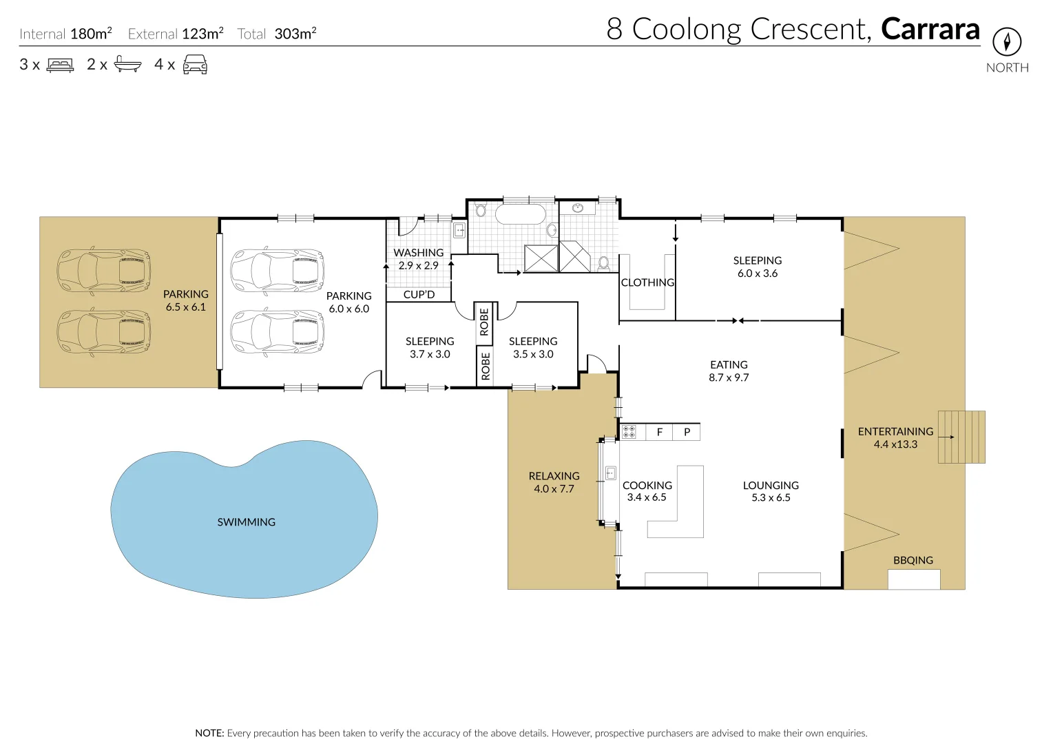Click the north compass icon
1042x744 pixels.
click(1007, 42)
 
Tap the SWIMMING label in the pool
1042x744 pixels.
click(247, 522)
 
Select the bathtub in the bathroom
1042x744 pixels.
click(521, 215)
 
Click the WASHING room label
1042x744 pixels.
click(419, 253)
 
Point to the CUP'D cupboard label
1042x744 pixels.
click(419, 295)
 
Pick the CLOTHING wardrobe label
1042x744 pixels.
click(647, 282)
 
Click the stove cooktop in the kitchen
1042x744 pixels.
click(629, 432)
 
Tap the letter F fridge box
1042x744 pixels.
click(659, 432)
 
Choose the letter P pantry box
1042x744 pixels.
click(687, 432)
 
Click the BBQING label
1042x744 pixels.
click(913, 560)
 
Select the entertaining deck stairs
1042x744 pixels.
click(961, 437)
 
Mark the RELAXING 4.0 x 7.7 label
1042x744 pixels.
click(554, 482)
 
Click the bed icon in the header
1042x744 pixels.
click(60, 65)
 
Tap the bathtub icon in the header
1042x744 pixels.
click(128, 64)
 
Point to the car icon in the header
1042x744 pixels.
click(196, 64)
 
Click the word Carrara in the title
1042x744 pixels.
click(930, 29)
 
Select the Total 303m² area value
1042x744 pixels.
click(295, 34)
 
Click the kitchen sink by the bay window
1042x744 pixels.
click(611, 473)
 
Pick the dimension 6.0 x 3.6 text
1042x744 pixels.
click(758, 273)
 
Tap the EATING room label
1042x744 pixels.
click(729, 365)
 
